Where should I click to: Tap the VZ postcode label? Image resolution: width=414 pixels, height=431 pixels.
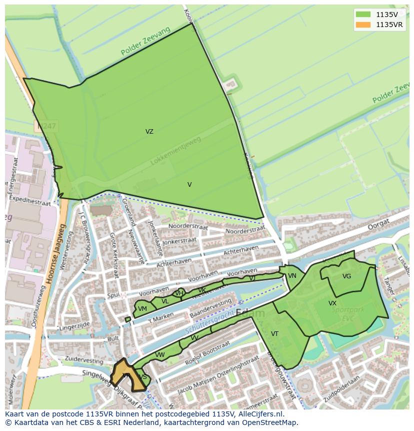(x=149, y=132)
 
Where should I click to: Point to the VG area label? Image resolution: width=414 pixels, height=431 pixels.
(x=346, y=276)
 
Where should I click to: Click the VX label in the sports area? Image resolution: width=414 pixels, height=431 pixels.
(x=332, y=303)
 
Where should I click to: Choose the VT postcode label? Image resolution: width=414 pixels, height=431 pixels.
(x=274, y=334)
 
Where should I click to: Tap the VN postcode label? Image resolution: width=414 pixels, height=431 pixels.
(x=292, y=276)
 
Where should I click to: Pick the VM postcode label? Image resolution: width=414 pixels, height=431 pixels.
(x=142, y=309)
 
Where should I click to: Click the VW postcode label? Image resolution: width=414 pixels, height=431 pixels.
(x=159, y=355)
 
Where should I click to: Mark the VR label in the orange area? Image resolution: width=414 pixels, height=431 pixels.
(x=126, y=375)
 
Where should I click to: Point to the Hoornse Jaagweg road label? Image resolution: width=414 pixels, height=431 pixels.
(x=55, y=254)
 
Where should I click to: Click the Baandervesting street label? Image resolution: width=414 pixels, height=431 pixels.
(x=210, y=309)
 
